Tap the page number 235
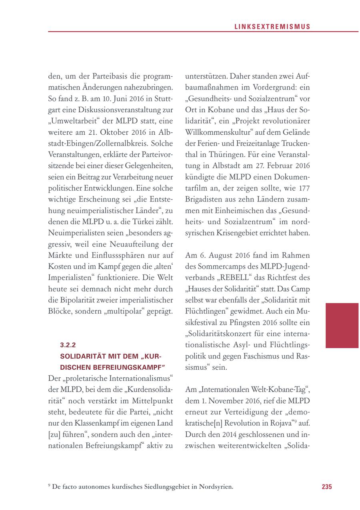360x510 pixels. [x=327, y=487]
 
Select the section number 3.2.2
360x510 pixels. [x=67, y=345]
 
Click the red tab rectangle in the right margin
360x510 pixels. [x=342, y=325]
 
